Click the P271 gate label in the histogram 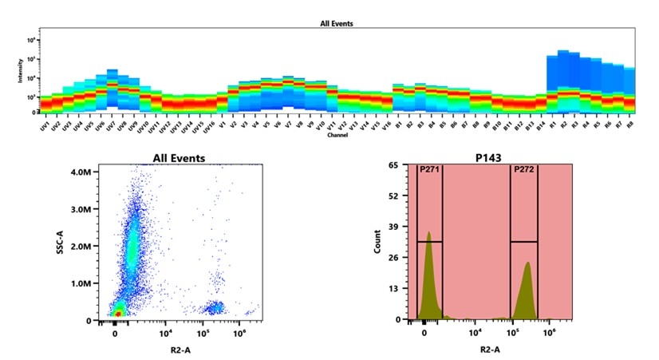click(x=429, y=169)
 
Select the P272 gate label click(x=523, y=169)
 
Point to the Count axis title click(x=377, y=243)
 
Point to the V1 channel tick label click(x=222, y=125)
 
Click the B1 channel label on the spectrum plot click(x=397, y=125)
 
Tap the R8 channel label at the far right click(x=629, y=126)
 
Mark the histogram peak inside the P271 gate click(x=428, y=233)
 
